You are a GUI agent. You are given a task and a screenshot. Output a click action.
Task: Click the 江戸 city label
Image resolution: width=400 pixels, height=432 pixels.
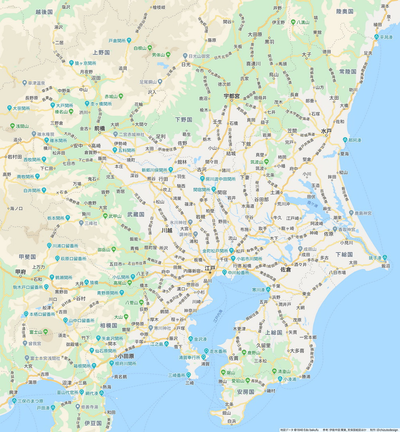[210, 268]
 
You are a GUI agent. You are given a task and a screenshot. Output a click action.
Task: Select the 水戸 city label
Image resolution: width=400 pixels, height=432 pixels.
[326, 131]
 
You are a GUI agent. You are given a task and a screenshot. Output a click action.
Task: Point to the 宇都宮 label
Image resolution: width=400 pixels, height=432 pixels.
[232, 96]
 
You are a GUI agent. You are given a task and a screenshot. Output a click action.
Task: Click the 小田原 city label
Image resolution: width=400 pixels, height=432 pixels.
[126, 356]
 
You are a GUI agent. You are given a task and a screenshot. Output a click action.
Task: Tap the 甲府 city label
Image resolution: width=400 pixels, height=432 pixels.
[21, 272]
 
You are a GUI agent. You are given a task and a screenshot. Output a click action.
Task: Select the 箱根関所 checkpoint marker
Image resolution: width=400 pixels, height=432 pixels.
[94, 365]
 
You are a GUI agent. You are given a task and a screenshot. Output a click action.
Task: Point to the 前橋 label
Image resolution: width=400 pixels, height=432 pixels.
[100, 129]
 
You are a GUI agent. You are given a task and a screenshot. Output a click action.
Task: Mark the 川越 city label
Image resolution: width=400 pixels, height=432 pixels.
[166, 230]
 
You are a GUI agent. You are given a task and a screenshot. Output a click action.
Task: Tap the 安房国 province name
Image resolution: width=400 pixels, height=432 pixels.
[246, 392]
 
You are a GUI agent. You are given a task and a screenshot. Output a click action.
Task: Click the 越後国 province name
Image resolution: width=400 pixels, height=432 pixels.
[44, 12]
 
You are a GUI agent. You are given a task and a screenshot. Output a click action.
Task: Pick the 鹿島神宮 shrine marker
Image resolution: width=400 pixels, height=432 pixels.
[351, 213]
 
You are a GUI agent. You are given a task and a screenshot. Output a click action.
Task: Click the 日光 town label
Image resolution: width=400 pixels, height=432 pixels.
[186, 64]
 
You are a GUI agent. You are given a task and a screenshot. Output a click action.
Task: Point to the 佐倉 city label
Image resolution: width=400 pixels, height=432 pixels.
[286, 270]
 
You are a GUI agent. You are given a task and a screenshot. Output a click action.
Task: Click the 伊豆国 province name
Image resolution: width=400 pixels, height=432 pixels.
[93, 423]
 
